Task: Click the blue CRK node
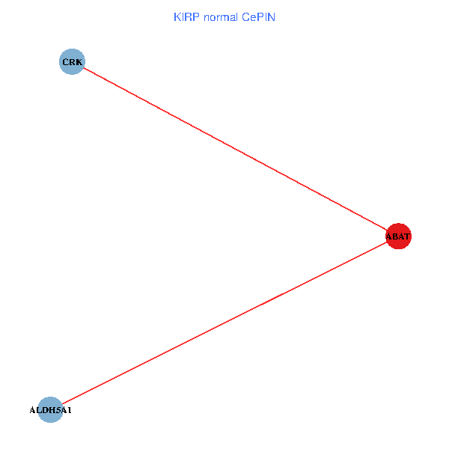(x=71, y=61)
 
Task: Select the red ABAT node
(x=398, y=236)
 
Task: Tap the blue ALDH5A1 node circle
(x=50, y=409)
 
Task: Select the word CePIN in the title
(x=258, y=17)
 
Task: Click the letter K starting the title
(x=177, y=17)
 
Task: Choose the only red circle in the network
(x=398, y=236)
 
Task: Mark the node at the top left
(x=71, y=61)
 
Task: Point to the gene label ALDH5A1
(x=50, y=410)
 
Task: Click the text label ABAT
(x=398, y=236)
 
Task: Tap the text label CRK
(x=71, y=61)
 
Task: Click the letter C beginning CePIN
(x=245, y=17)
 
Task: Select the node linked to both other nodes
(x=398, y=236)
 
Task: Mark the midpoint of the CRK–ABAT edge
(x=234, y=149)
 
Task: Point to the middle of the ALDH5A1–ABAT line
(x=224, y=323)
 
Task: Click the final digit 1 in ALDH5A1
(x=70, y=410)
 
